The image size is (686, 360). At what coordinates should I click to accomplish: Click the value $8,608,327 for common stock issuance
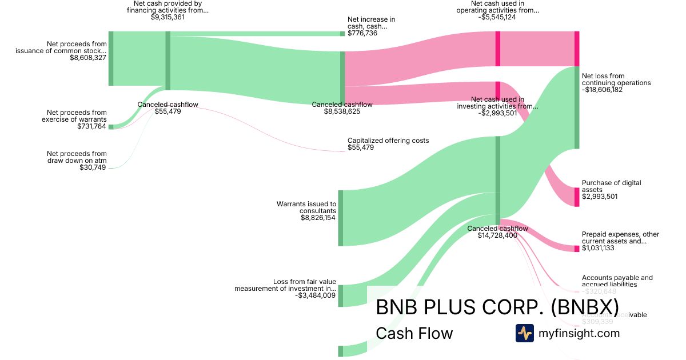88,58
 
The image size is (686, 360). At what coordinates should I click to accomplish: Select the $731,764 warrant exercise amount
91,126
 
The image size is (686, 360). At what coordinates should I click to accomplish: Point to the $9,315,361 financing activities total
167,17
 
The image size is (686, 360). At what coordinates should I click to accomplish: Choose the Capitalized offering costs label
388,141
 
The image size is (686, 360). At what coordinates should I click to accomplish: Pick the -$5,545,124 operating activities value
497,17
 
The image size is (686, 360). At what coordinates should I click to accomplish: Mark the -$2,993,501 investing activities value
497,113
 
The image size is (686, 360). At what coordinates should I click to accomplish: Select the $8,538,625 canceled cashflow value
342,111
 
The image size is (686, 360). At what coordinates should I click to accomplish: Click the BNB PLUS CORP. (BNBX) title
497,307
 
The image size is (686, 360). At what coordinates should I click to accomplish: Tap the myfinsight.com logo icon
524,333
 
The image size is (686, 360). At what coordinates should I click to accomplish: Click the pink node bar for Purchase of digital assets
577,197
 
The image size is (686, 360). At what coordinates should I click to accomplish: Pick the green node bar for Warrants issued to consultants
341,218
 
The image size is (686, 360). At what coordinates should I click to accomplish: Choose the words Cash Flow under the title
414,333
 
